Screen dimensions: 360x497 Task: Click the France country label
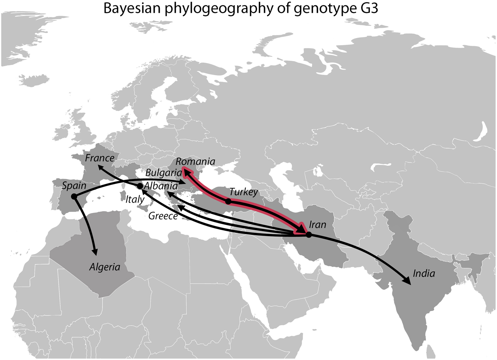[x=100, y=158]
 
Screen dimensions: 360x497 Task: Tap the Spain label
[x=74, y=185]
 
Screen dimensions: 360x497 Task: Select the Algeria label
[x=105, y=267]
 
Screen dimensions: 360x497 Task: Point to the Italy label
[x=135, y=199]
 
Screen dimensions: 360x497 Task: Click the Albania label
[x=161, y=186]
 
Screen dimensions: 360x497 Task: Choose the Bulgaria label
[x=164, y=173]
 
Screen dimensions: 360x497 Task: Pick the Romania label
[x=195, y=162]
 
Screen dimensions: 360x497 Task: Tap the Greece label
[x=163, y=216]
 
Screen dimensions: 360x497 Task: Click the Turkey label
[x=244, y=192]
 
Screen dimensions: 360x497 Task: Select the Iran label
[x=317, y=224]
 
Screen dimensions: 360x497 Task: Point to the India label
[x=424, y=273]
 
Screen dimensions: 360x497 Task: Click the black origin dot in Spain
[x=74, y=196]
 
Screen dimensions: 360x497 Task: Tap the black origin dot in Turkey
[x=228, y=201]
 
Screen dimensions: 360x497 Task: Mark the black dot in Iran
[x=309, y=235]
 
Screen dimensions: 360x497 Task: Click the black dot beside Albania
[x=140, y=186]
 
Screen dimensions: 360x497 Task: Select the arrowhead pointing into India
[x=407, y=280]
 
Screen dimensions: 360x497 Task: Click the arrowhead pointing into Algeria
[x=95, y=251]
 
